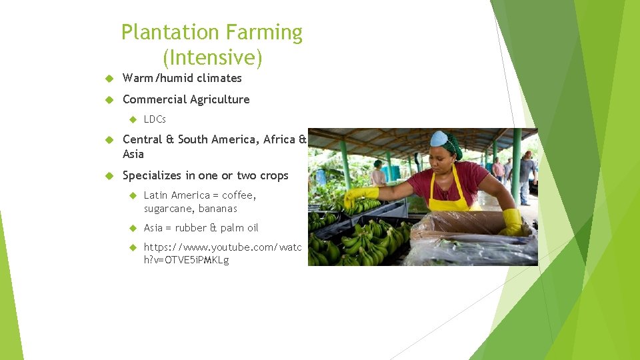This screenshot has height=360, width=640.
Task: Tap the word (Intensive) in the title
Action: coord(212,58)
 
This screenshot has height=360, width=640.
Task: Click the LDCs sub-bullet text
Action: coord(155,119)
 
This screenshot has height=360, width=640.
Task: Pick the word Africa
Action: coord(279,139)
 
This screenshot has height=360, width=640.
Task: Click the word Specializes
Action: coord(153,175)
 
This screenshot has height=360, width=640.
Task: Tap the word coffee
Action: coord(238,195)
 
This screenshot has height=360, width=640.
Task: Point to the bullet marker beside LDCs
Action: coord(132,119)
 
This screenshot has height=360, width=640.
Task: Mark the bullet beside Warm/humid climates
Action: coord(110,78)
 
